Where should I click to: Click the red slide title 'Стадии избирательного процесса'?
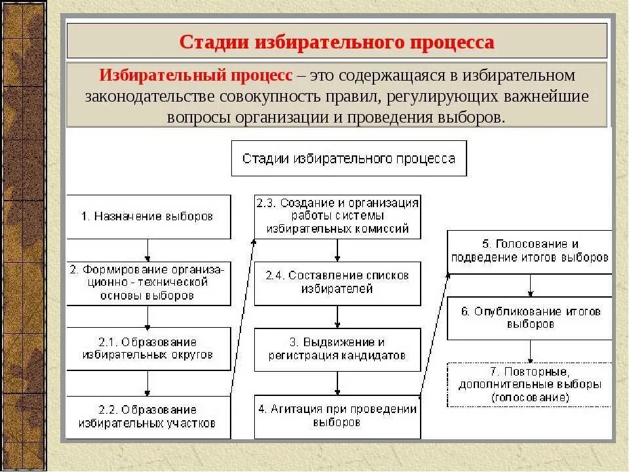pos(337,42)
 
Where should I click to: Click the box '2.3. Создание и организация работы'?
pos(337,216)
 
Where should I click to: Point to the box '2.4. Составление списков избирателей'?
pos(337,282)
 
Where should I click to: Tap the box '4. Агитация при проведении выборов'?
pos(337,416)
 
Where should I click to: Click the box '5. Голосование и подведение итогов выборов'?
pos(529,251)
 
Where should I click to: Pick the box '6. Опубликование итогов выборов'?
pos(529,318)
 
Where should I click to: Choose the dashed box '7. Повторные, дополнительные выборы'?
pos(529,383)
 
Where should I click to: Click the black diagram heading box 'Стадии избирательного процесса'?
pos(349,158)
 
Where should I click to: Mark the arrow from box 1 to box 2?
pos(148,250)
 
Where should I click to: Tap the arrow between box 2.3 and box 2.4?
pos(337,250)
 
